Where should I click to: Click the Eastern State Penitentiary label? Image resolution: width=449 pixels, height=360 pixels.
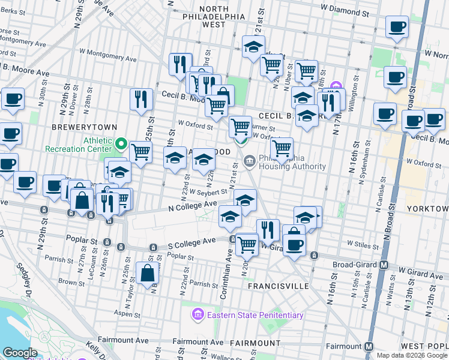pos(255,315)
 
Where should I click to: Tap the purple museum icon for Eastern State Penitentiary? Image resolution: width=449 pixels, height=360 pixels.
pos(197,314)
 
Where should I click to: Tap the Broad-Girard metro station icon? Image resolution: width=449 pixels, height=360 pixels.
pos(384,265)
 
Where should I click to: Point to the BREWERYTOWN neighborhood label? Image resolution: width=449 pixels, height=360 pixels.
pos(82,127)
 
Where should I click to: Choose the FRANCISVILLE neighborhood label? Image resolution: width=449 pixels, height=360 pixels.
pos(278,287)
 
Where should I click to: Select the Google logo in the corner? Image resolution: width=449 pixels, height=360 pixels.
pos(20,352)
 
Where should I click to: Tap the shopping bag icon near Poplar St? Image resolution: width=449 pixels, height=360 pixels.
pos(147,274)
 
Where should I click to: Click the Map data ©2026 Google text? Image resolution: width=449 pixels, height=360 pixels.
pos(411,355)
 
